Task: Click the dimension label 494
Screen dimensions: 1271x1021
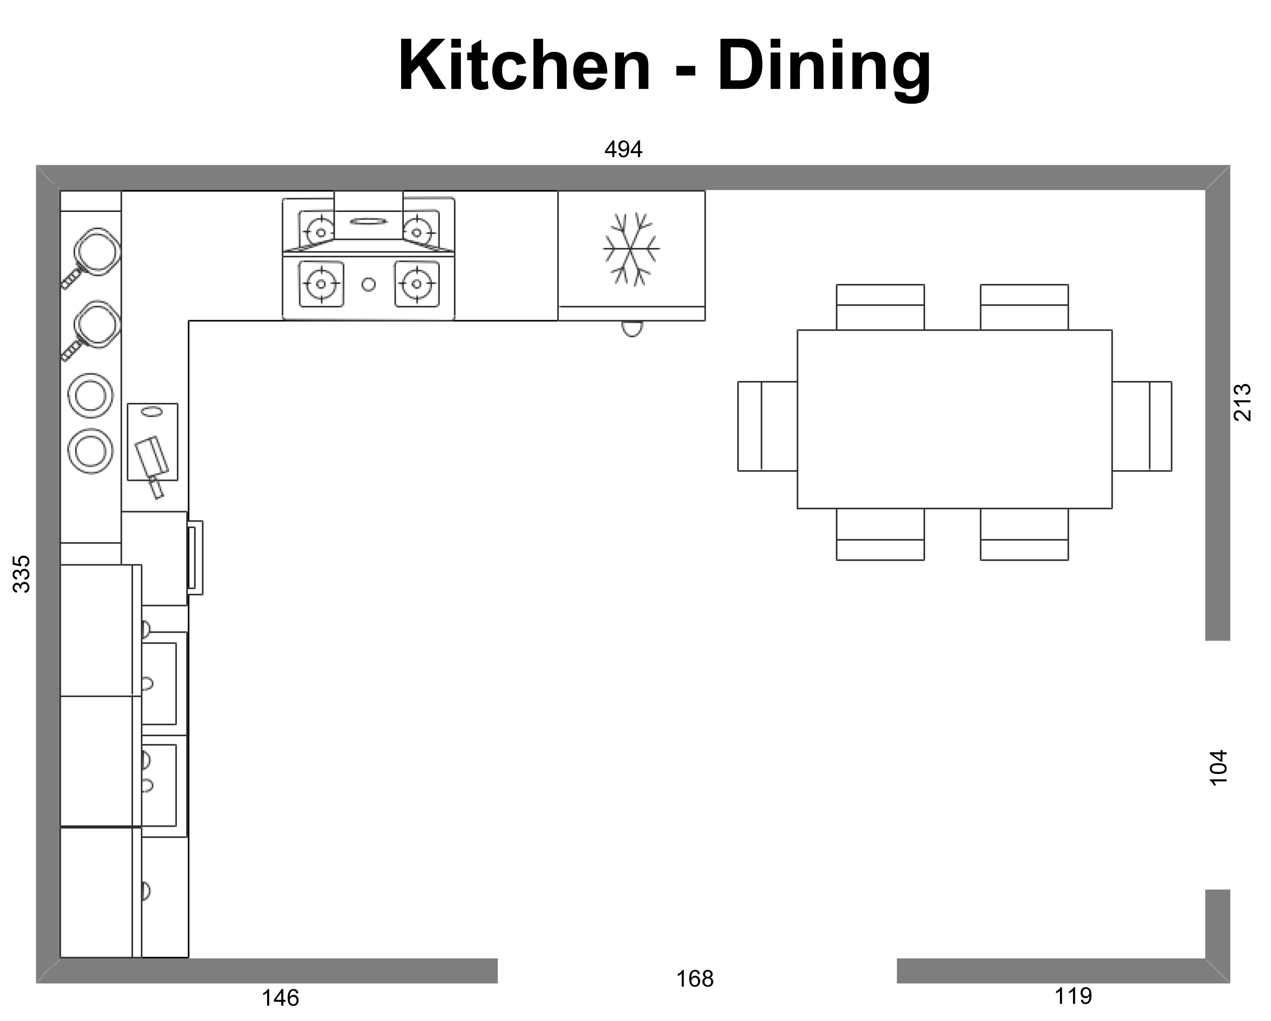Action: (x=623, y=149)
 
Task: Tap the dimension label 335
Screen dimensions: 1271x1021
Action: (x=22, y=574)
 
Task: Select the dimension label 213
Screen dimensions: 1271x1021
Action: (x=1242, y=402)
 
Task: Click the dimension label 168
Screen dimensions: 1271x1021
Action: (x=694, y=979)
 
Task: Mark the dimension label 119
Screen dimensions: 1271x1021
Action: (x=1073, y=996)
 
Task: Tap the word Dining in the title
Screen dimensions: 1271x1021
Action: (x=824, y=70)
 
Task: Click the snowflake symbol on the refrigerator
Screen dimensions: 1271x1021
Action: (x=631, y=249)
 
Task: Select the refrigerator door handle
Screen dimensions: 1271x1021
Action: (x=632, y=328)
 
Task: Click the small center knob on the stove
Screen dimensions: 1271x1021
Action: (x=368, y=284)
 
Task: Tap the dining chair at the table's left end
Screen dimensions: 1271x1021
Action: (x=768, y=426)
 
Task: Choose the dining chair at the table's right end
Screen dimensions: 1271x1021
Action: (x=1142, y=426)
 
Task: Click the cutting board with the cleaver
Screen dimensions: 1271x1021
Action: (x=153, y=442)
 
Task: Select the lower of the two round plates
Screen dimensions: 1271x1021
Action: (x=90, y=451)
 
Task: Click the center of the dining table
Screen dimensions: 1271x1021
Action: (x=955, y=419)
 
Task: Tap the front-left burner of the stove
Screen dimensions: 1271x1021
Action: (x=321, y=284)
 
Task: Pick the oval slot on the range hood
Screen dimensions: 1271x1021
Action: (x=368, y=221)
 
